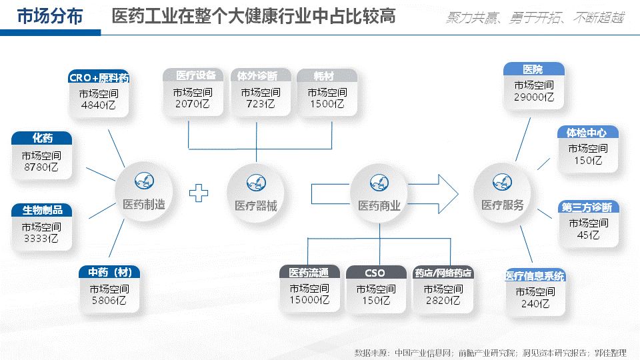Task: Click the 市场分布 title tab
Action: tap(49, 17)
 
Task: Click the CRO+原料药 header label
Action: tap(99, 78)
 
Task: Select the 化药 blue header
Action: tap(42, 139)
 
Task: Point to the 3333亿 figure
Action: tap(42, 238)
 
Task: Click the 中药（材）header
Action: tap(109, 273)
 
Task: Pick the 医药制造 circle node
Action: tap(143, 189)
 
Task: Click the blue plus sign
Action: tap(198, 193)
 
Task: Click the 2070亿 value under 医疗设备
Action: tap(193, 104)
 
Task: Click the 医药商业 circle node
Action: tap(379, 190)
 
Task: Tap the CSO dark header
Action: tap(375, 273)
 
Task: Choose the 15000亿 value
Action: tap(309, 301)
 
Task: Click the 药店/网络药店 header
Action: tap(443, 273)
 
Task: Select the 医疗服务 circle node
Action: tap(502, 189)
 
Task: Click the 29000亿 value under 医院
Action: tap(533, 97)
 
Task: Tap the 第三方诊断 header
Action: tap(587, 207)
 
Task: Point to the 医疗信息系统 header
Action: tap(535, 276)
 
